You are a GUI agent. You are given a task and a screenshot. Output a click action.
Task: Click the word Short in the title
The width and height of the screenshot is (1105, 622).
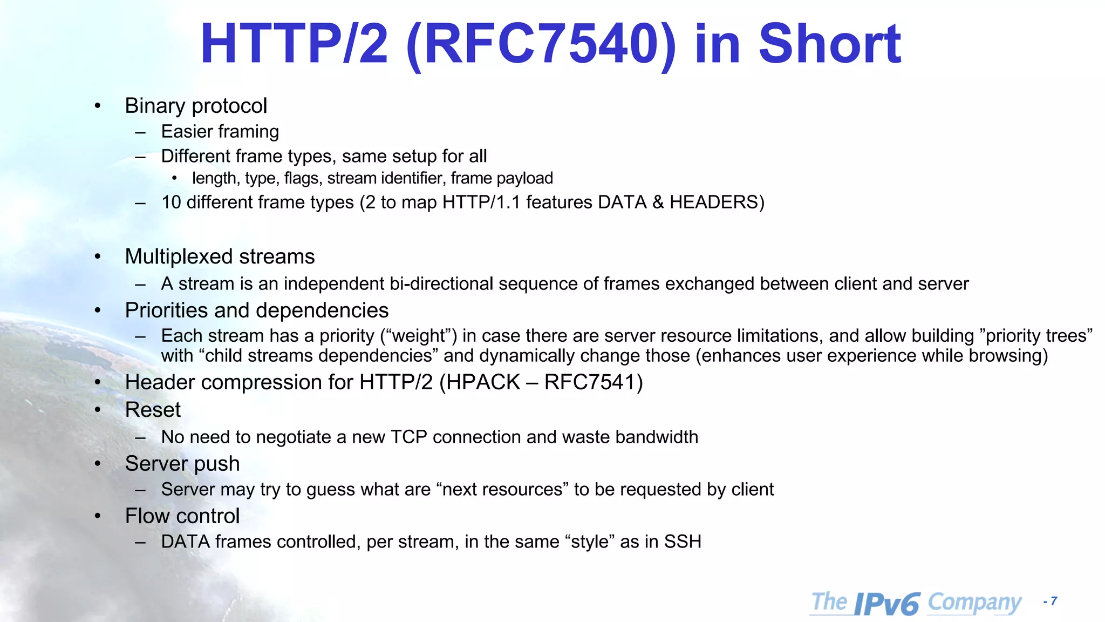coord(829,44)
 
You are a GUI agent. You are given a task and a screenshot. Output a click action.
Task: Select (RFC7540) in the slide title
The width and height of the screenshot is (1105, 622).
coord(541,44)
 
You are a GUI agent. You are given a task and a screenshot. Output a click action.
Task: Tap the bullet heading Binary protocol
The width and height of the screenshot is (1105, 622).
coord(196,106)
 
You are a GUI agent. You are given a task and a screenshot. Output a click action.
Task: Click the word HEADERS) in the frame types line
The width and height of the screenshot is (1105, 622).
coord(717,202)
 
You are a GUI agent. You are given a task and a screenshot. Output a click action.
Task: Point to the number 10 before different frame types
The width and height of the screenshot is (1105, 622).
coord(171,202)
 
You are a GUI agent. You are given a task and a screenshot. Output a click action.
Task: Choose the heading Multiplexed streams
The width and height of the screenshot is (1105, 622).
coord(220,256)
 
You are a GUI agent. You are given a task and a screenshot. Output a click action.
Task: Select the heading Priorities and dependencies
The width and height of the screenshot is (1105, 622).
coord(257,310)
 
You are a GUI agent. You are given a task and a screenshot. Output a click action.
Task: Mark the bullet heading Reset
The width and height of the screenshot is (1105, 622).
coord(153,410)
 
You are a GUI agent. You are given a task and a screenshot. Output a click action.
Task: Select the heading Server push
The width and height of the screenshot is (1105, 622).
coord(182,464)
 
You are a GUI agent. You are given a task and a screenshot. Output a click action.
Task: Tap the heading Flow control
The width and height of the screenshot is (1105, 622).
coord(182,516)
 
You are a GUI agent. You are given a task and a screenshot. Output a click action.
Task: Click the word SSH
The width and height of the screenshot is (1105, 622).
coord(683,542)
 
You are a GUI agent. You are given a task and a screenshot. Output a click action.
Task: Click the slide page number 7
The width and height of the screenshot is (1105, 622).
coord(1054,601)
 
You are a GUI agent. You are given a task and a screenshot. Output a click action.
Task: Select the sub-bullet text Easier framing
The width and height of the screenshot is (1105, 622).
coord(220,132)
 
